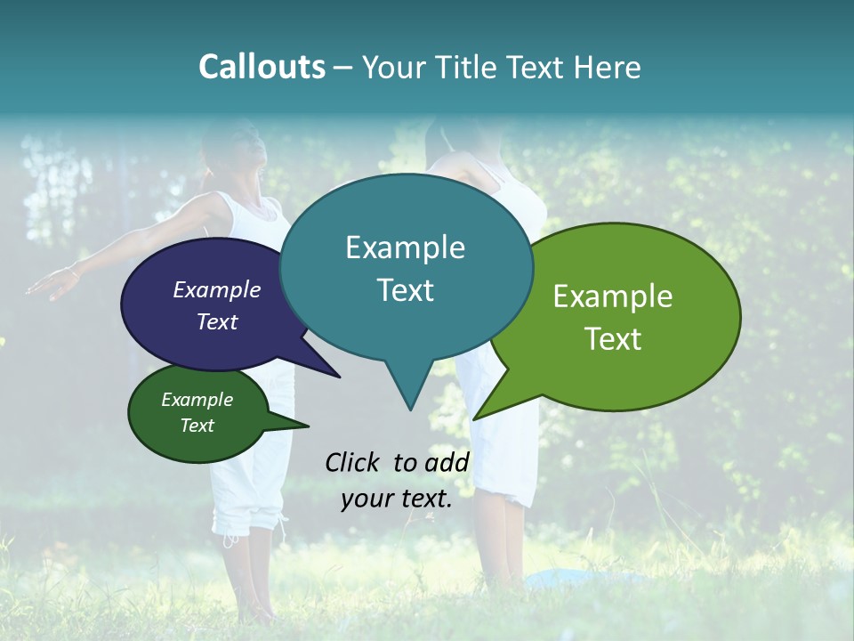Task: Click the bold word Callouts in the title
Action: click(x=262, y=67)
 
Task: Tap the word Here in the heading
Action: click(x=606, y=67)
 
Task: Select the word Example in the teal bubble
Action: click(x=405, y=247)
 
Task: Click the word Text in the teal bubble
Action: click(x=405, y=290)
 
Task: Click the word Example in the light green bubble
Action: click(x=613, y=296)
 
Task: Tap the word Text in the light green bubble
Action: click(x=613, y=339)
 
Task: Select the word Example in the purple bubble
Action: click(x=217, y=289)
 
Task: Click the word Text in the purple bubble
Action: click(x=217, y=321)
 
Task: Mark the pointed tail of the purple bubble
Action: click(x=339, y=377)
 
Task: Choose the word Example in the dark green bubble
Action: click(x=197, y=400)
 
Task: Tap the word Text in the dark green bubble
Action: click(x=197, y=426)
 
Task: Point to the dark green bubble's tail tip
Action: click(x=308, y=426)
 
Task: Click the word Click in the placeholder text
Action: click(x=351, y=462)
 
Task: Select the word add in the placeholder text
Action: click(x=447, y=462)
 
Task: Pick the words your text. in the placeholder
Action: click(x=397, y=499)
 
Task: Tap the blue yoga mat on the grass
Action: click(x=578, y=579)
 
